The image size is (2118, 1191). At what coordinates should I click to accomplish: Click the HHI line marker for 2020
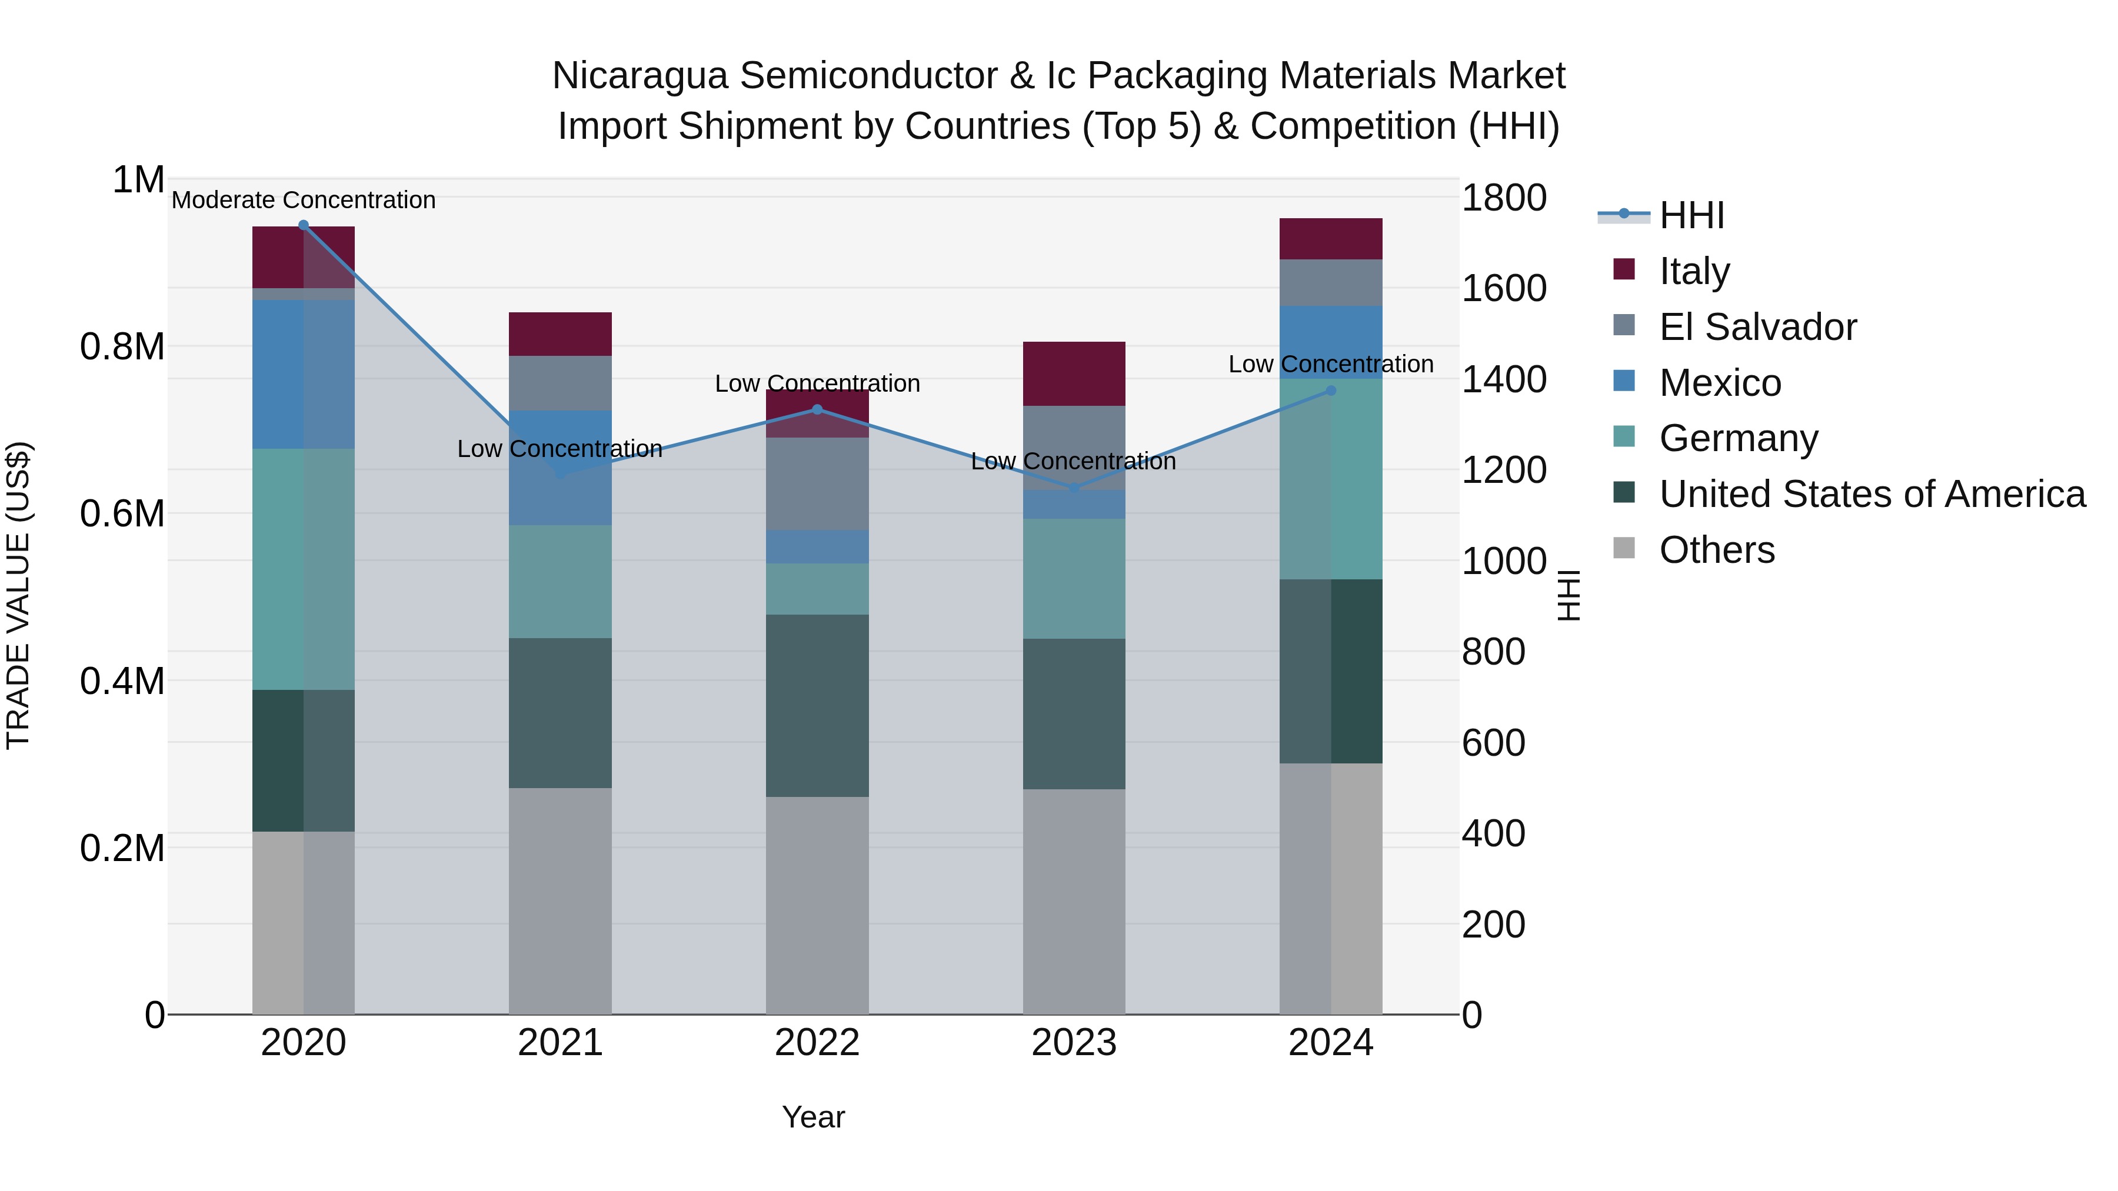304,225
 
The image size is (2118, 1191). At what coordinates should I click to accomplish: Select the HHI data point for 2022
817,409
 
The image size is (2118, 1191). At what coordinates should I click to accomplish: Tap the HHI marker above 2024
1331,391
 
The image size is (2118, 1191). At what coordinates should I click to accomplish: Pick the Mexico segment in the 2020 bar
304,374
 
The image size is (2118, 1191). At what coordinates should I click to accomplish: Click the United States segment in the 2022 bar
817,705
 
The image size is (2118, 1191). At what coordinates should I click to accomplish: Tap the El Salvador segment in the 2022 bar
817,483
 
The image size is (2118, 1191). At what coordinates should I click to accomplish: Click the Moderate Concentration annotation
304,200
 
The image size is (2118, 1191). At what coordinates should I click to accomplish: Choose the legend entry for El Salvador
1757,327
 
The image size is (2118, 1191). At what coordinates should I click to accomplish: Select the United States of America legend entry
1871,494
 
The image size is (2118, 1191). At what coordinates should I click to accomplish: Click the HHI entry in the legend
1691,215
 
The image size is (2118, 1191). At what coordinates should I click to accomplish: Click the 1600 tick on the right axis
1504,289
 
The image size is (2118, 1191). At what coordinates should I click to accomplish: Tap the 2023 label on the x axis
1074,1043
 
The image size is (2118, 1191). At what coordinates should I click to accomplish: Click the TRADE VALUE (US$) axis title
18,595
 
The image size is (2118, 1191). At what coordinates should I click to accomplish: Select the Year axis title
813,1117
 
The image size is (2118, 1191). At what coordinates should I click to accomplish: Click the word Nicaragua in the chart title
640,76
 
